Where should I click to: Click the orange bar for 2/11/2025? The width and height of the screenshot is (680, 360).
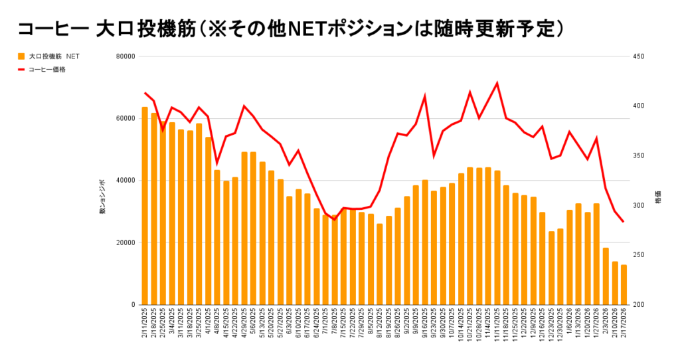[x=145, y=206]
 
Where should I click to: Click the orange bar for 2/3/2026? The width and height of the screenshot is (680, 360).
[x=606, y=276]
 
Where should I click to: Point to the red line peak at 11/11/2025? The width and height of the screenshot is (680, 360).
[x=497, y=84]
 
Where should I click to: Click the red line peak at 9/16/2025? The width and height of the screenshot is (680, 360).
[x=425, y=96]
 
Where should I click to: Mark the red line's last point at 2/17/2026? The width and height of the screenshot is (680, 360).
[x=624, y=222]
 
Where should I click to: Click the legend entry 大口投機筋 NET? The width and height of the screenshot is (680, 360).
[x=53, y=56]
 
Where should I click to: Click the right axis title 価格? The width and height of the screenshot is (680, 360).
[x=658, y=199]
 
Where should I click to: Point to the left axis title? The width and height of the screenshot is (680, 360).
[x=102, y=195]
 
